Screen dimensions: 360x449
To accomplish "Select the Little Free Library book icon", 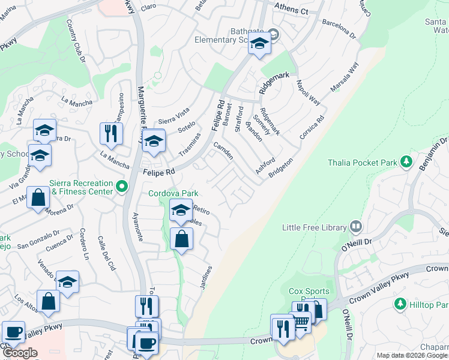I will (356, 227).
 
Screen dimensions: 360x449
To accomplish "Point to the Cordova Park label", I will (173, 194).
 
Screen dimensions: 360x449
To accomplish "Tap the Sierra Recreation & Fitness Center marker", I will (122, 187).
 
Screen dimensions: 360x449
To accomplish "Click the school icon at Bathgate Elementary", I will (259, 44).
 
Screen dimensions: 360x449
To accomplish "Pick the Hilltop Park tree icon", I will (399, 305).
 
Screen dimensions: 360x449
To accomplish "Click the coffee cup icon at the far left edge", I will (13, 332).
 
